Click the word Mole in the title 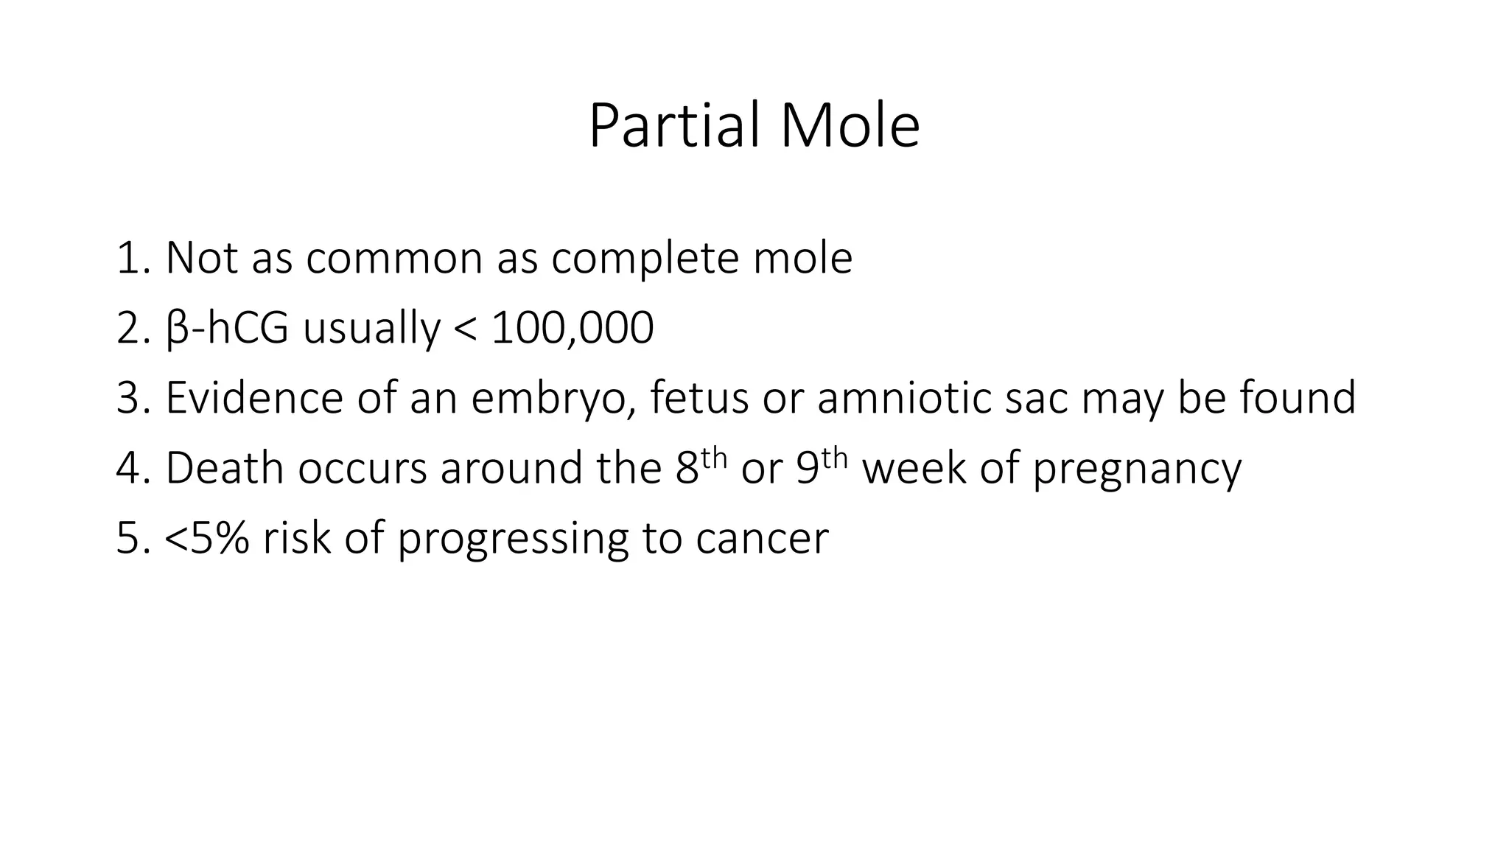(850, 126)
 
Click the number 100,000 (572, 329)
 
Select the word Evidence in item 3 (253, 398)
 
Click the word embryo (552, 399)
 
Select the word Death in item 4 (224, 468)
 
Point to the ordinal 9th (822, 466)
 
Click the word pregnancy (1137, 469)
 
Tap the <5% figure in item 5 (206, 539)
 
